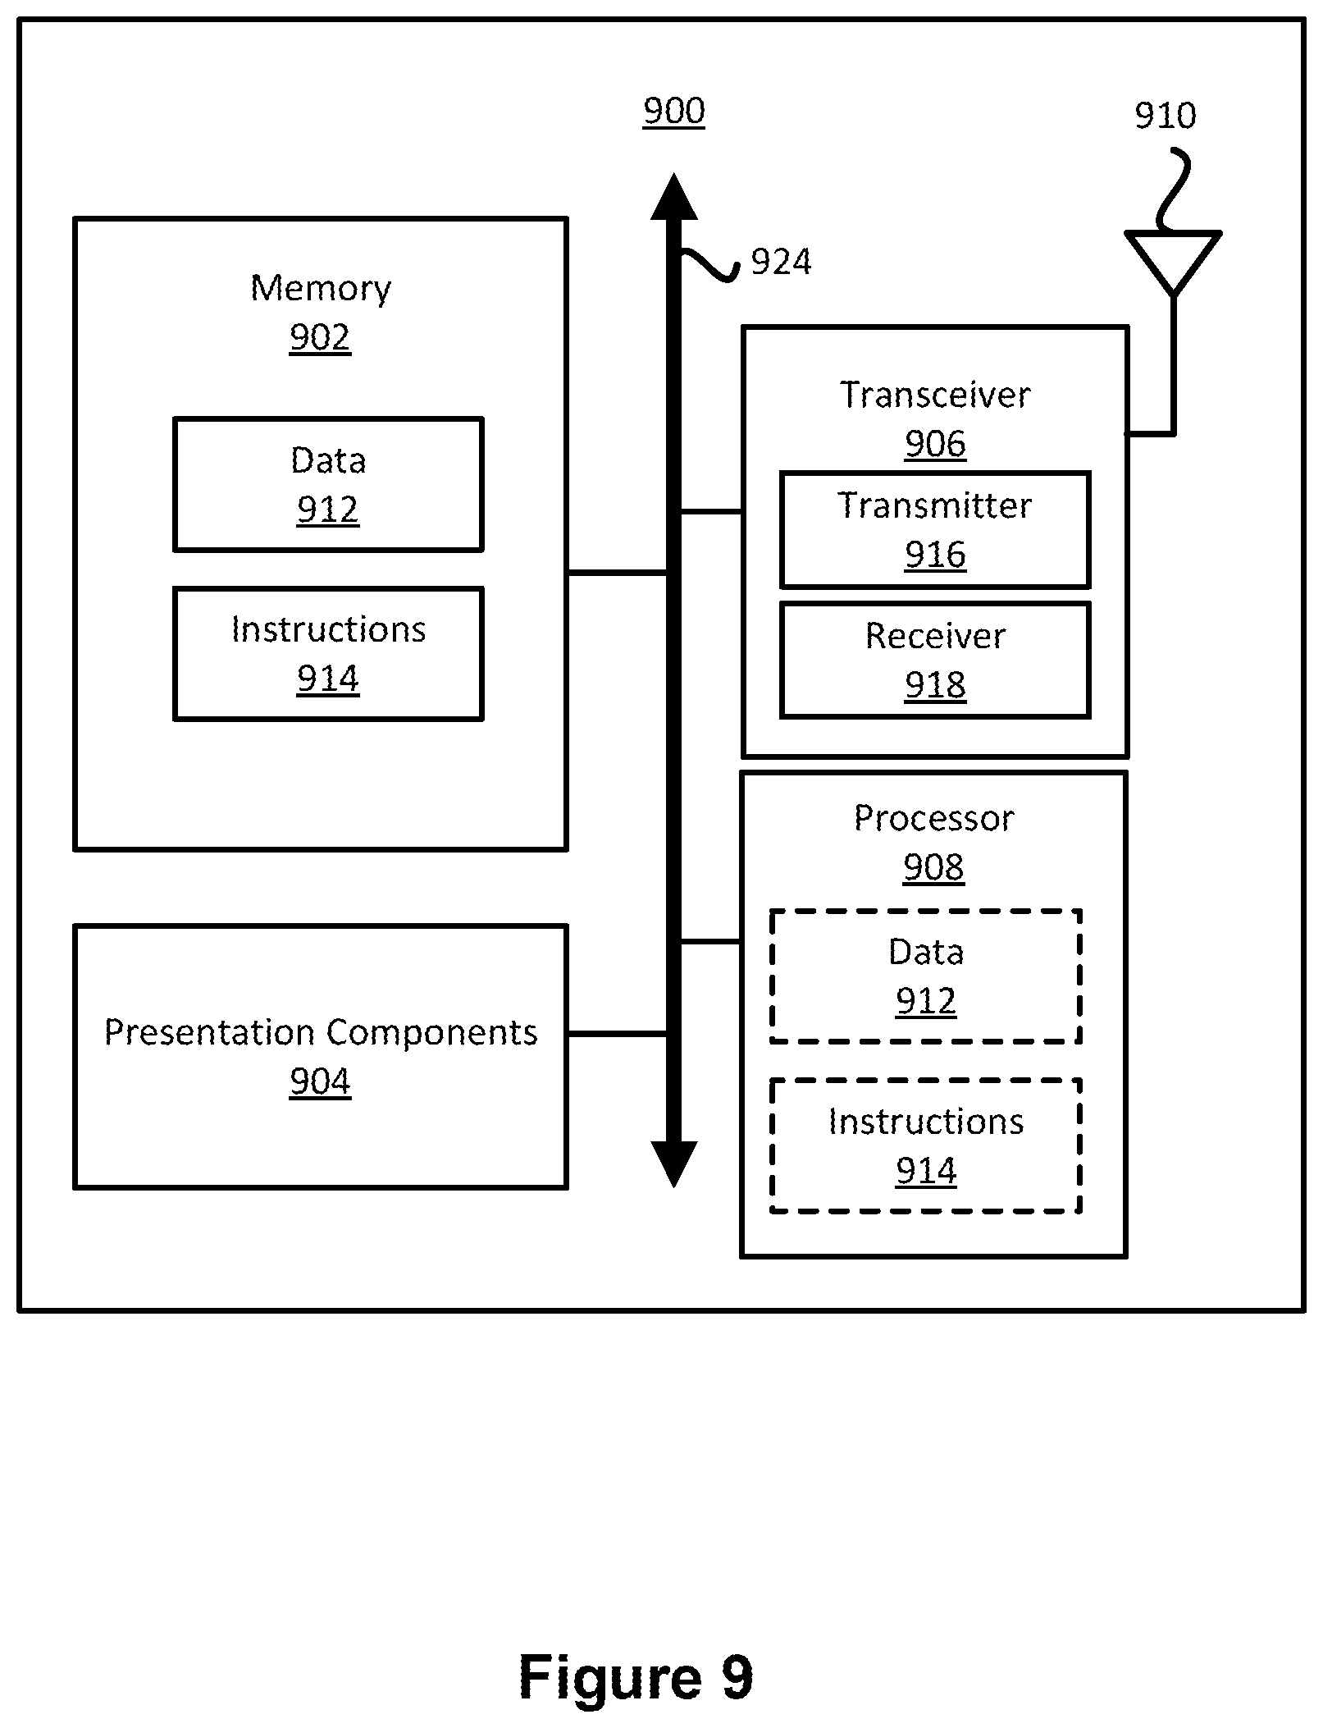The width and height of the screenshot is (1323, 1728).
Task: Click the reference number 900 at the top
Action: (673, 112)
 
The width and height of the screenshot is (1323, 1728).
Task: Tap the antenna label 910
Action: (1165, 116)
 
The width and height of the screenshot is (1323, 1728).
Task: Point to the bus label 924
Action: (781, 263)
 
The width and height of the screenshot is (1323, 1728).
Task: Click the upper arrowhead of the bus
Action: (674, 197)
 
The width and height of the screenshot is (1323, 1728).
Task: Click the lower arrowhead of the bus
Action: (674, 1163)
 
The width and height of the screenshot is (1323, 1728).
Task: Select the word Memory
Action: (321, 289)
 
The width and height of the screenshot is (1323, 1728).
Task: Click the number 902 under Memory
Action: (320, 337)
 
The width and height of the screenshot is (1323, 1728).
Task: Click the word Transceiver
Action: (935, 395)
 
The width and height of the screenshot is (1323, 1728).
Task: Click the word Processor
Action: (933, 818)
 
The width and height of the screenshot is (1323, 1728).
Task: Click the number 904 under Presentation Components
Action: (320, 1081)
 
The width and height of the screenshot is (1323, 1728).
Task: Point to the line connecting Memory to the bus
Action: (617, 572)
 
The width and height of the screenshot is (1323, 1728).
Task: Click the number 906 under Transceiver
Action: (935, 444)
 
